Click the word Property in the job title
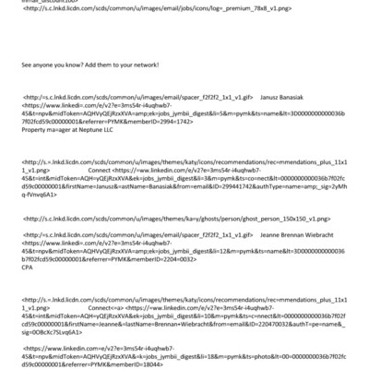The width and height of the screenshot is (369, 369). (34, 132)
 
